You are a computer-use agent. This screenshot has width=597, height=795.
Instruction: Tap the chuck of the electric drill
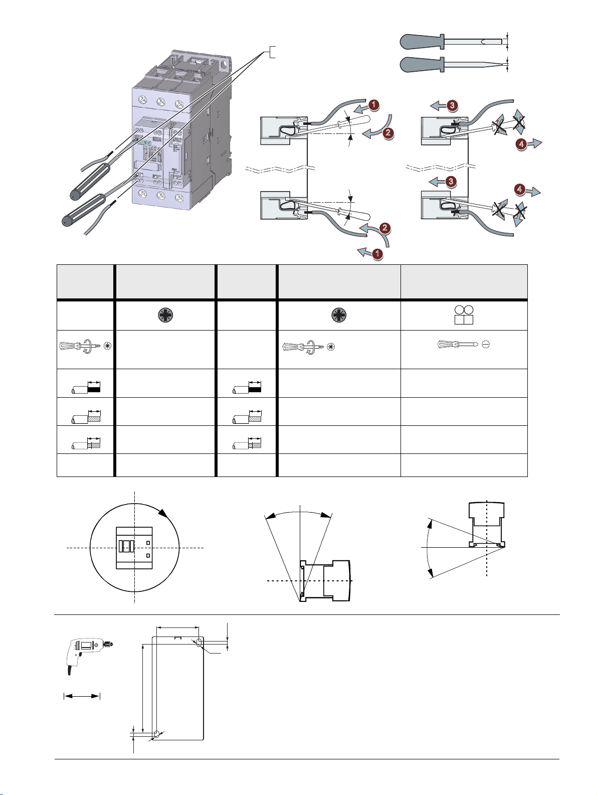(108, 645)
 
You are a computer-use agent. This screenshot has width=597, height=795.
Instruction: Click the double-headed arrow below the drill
(82, 696)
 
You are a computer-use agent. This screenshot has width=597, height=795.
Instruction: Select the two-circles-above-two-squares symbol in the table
(464, 315)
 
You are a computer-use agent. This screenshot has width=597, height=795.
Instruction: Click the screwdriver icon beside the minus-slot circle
(458, 345)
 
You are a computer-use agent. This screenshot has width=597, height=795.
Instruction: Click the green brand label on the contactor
(145, 142)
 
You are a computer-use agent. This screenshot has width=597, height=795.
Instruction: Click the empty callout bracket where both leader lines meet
(271, 52)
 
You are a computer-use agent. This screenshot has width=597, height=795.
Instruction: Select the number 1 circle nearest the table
(377, 253)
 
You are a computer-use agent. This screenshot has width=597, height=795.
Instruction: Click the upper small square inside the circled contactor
(148, 543)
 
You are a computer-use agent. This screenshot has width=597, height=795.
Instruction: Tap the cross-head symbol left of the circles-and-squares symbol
(339, 315)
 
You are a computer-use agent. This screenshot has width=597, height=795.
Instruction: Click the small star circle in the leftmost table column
(108, 346)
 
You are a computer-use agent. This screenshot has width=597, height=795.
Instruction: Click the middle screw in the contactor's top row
(158, 102)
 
